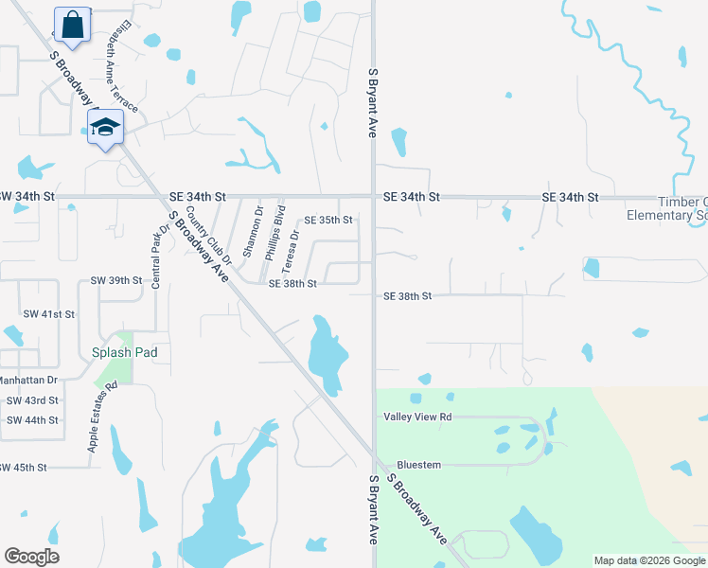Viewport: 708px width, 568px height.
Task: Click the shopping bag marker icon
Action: [72, 26]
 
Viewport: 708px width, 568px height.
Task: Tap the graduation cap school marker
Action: [105, 128]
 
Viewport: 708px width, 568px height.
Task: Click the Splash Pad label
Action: [124, 352]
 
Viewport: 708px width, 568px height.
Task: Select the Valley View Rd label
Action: [417, 417]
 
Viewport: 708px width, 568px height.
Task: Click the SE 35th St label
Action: [327, 220]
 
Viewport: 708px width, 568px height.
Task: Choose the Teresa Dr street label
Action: [293, 248]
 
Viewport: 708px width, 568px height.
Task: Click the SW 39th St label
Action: [115, 281]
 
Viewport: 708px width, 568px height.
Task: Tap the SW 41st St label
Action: [48, 313]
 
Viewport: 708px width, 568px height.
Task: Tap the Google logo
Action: [31, 556]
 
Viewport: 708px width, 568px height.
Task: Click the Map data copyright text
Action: [648, 560]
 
